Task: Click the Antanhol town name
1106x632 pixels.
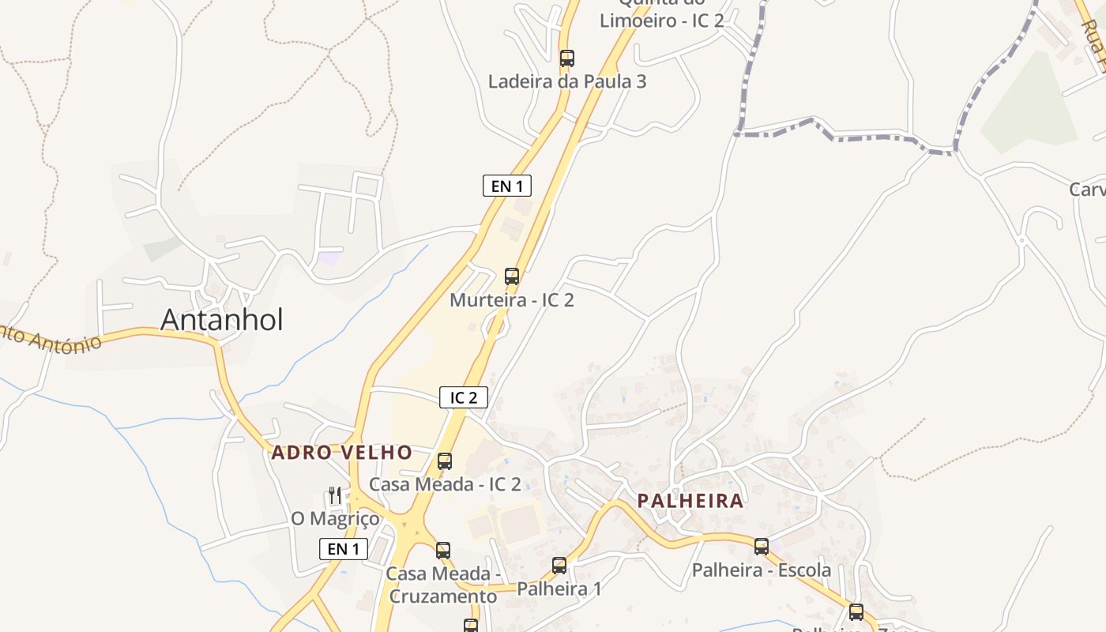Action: (221, 319)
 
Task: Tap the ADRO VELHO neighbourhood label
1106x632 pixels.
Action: (341, 453)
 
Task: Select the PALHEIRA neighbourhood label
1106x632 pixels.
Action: (690, 501)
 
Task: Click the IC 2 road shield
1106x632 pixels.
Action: (464, 397)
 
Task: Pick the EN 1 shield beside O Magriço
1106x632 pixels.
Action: (344, 549)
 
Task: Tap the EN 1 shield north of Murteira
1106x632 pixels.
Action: (506, 186)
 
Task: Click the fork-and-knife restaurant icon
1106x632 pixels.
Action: (335, 496)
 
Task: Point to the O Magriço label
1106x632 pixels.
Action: (335, 519)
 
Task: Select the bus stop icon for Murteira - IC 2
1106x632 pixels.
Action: (512, 276)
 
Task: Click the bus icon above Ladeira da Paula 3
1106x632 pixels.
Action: (567, 58)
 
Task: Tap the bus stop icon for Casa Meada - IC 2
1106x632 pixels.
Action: (445, 461)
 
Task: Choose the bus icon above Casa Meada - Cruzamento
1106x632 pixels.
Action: (443, 551)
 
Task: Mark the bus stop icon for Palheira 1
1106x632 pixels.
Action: (559, 566)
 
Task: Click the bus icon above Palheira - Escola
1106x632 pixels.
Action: (762, 547)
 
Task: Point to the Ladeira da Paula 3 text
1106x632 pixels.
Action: (567, 81)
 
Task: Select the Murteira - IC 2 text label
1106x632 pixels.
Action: (512, 300)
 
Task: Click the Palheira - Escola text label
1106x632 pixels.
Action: (762, 570)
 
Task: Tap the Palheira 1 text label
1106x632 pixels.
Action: (559, 589)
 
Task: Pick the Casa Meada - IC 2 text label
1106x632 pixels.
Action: (446, 484)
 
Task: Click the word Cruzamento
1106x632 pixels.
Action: (443, 596)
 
